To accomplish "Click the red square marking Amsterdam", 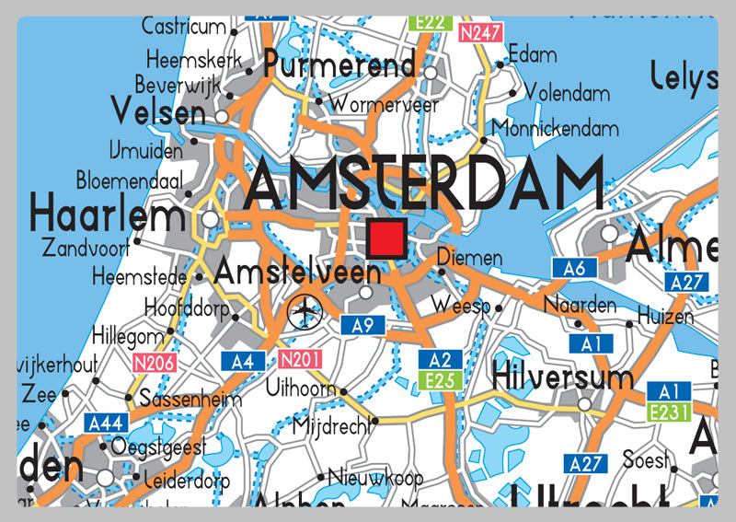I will click(x=387, y=238).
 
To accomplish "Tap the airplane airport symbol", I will click(x=304, y=312).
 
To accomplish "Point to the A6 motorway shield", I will click(x=575, y=268).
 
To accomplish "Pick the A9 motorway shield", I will click(x=362, y=325).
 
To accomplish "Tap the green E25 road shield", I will click(x=440, y=379).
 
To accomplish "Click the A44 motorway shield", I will click(x=107, y=423).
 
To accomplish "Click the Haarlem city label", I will click(x=108, y=216).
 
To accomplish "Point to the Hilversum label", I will click(x=563, y=377).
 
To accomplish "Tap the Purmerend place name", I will click(x=340, y=65).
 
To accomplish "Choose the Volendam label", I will click(x=567, y=94).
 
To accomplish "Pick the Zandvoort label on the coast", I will click(x=86, y=248).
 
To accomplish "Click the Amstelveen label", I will click(x=296, y=273).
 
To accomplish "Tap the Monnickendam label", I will click(x=558, y=129).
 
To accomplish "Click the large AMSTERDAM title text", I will click(x=425, y=183).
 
